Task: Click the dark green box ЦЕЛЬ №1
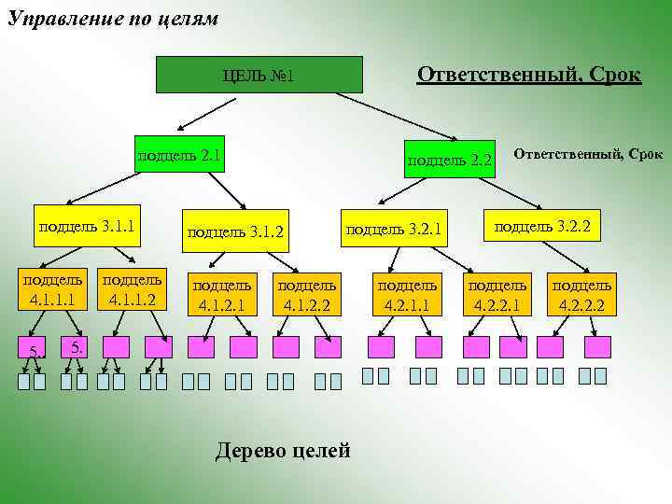pos(259,75)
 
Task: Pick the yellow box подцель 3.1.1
pos(87,225)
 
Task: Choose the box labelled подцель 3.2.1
pos(393,228)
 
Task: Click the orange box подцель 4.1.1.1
pos(52,290)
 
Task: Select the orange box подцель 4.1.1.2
pos(132,290)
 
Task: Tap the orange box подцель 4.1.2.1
pos(220,292)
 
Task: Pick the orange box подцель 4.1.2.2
pos(307,292)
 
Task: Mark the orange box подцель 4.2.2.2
pos(581,292)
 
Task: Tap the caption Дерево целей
pos(283,452)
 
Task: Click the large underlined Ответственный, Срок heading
pos(528,75)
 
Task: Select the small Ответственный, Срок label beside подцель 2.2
pos(588,152)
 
